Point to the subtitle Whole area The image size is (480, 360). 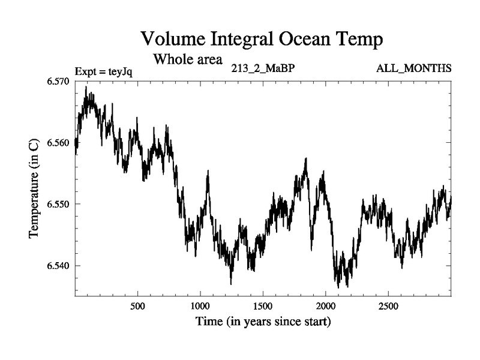coord(188,59)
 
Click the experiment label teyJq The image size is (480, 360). coord(121,71)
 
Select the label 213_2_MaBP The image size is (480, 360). coord(263,68)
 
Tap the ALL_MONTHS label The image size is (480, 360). coord(413,68)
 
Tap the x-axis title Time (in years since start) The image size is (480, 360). coord(263,322)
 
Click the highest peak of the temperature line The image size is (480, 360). coord(86,87)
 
